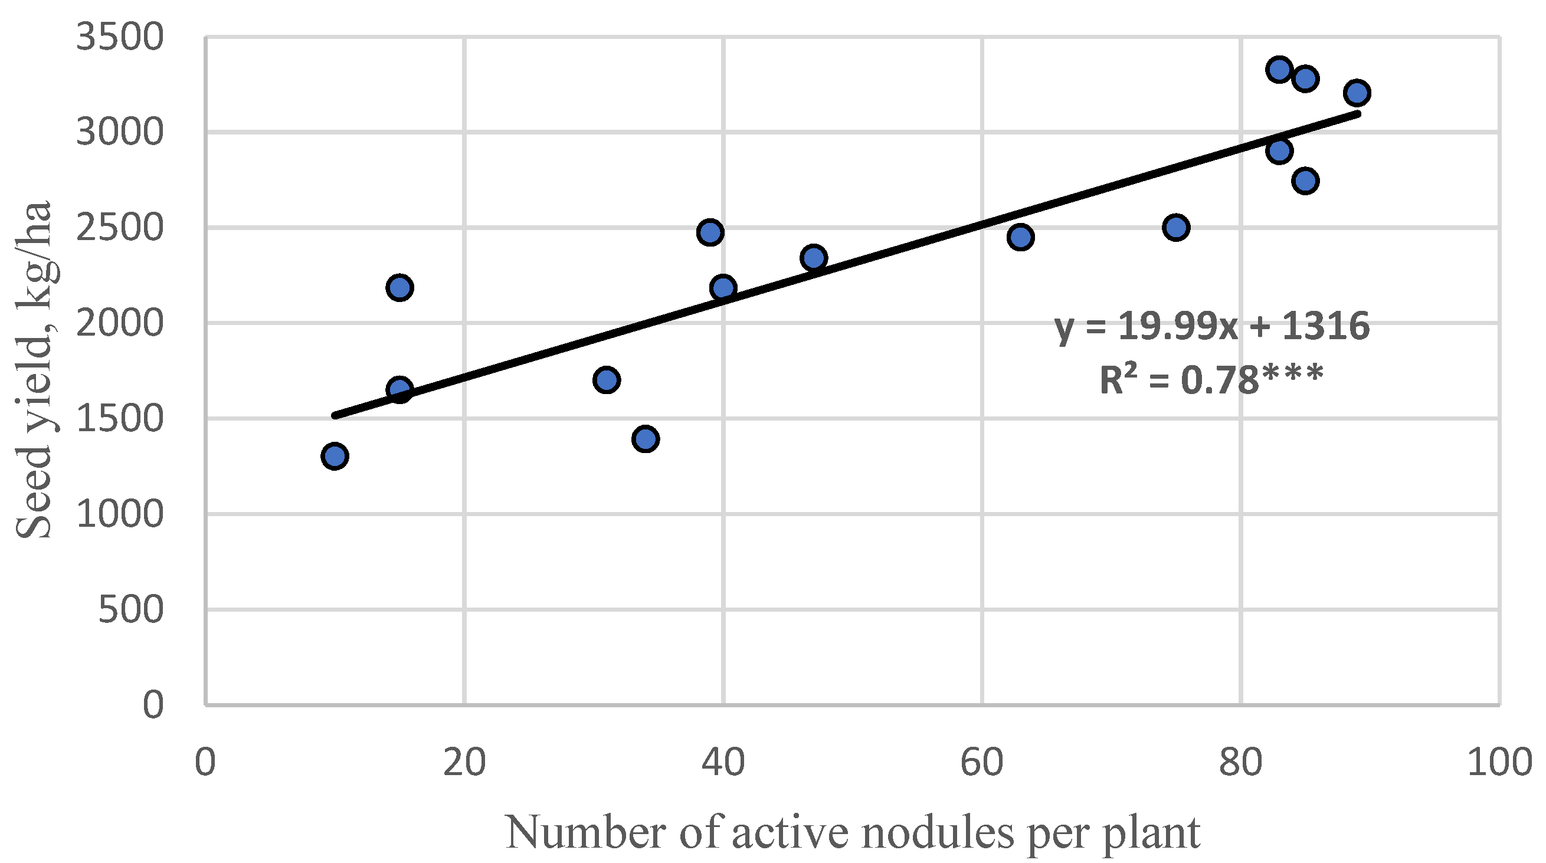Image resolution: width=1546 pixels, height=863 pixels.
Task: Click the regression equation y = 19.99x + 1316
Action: click(x=1213, y=327)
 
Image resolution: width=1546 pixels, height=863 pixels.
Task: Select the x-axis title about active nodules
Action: click(x=853, y=832)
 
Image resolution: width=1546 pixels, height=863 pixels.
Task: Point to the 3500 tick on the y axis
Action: click(x=119, y=37)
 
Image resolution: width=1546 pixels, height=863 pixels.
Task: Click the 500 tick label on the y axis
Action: click(x=130, y=610)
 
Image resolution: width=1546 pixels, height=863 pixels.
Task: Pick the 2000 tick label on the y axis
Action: click(x=119, y=323)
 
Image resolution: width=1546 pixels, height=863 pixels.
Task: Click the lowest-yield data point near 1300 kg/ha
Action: click(x=335, y=456)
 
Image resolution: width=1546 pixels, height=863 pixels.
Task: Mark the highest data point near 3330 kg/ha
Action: click(x=1279, y=70)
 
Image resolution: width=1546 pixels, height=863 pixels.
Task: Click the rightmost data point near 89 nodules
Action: click(x=1358, y=93)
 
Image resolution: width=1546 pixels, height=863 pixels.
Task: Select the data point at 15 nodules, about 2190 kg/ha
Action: click(x=399, y=287)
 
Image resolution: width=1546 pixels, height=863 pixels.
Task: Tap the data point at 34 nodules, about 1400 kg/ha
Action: click(x=645, y=439)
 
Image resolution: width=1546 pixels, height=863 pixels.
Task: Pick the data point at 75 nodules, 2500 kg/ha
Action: click(x=1175, y=228)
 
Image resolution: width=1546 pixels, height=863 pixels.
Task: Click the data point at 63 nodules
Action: click(x=1020, y=237)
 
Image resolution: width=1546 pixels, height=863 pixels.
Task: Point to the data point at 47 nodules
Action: click(x=814, y=258)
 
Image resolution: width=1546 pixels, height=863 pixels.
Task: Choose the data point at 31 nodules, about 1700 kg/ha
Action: click(x=606, y=380)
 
